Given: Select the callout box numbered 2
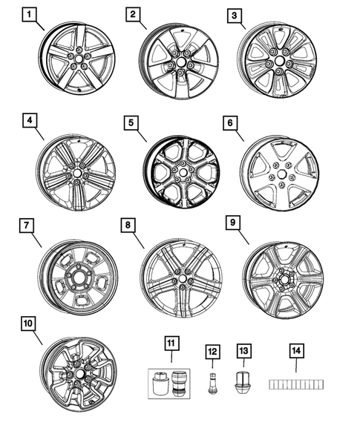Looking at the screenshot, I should click(132, 14).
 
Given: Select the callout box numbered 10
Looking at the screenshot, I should click(29, 323).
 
